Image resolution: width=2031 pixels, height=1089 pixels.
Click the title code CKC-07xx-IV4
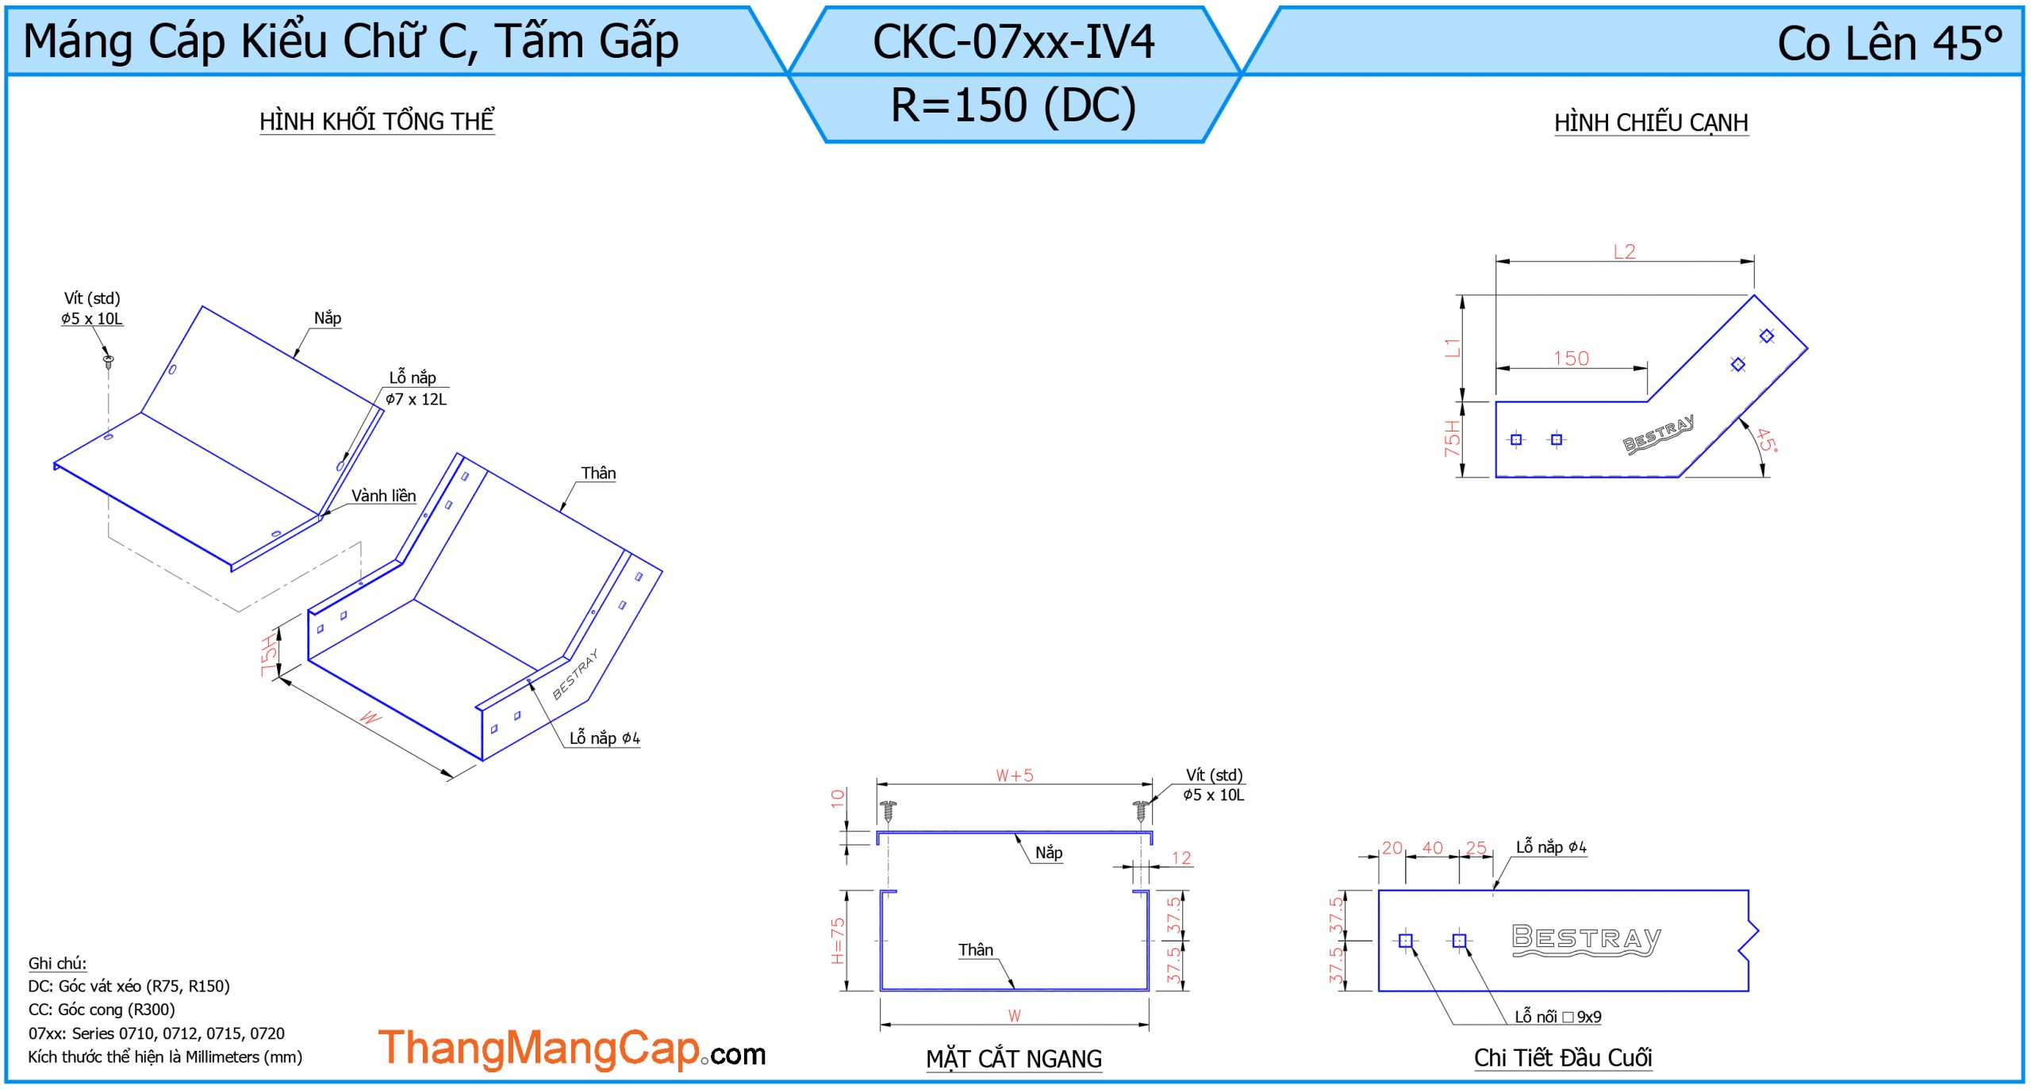click(x=1013, y=42)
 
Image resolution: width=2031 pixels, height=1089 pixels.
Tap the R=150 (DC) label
click(x=1014, y=105)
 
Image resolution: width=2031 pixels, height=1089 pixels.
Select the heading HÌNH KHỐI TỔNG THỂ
click(x=377, y=121)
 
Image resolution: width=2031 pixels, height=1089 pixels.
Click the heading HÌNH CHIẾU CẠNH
click(x=1651, y=123)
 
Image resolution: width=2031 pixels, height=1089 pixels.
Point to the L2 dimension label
click(x=1624, y=252)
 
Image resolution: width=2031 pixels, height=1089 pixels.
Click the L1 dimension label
click(x=1452, y=347)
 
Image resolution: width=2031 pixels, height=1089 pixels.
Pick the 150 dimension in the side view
click(x=1571, y=359)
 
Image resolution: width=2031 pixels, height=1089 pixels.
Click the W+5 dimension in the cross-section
click(x=1015, y=775)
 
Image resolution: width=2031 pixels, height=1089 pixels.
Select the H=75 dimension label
click(x=838, y=941)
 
